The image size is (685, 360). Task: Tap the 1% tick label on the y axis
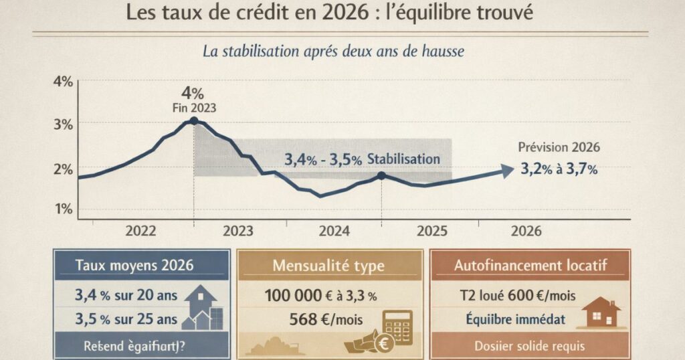[64, 208]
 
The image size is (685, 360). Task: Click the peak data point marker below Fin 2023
[194, 120]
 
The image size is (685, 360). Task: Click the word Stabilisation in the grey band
[403, 159]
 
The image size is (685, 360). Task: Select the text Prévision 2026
[559, 147]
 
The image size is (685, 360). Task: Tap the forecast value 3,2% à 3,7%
[559, 169]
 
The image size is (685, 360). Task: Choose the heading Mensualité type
[328, 266]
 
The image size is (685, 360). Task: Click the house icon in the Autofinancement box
[600, 313]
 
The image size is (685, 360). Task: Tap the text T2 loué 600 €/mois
[518, 294]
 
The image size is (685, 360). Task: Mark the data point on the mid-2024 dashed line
[381, 175]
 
